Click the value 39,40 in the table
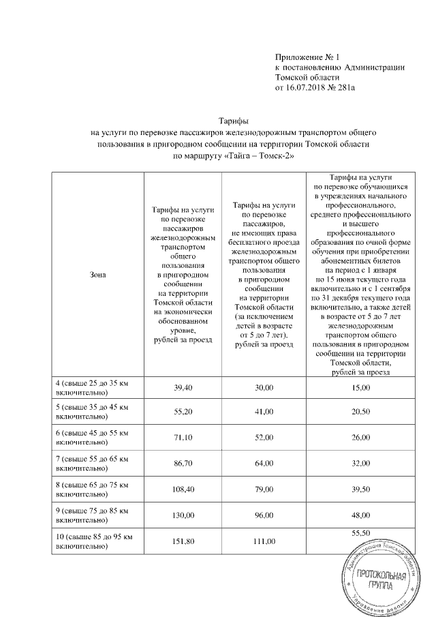point(182,388)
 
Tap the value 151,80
point(182,541)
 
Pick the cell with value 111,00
point(264,541)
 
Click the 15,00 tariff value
point(360,388)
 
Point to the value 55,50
point(360,532)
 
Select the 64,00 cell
point(264,464)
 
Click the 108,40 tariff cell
point(182,490)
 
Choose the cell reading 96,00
point(264,515)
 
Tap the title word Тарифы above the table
point(235,119)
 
